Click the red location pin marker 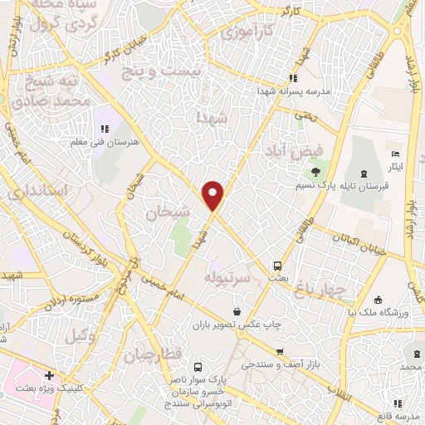(x=213, y=194)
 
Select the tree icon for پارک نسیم (x=315, y=173)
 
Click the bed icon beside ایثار (x=395, y=155)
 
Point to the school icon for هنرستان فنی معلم (x=105, y=129)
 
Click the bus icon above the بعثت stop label (x=276, y=266)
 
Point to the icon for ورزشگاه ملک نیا (x=378, y=300)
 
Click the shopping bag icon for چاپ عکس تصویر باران (x=237, y=312)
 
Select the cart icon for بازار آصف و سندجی (x=281, y=352)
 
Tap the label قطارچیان (x=154, y=354)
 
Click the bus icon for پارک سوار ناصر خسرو (x=197, y=367)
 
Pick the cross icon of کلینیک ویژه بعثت (x=51, y=375)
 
